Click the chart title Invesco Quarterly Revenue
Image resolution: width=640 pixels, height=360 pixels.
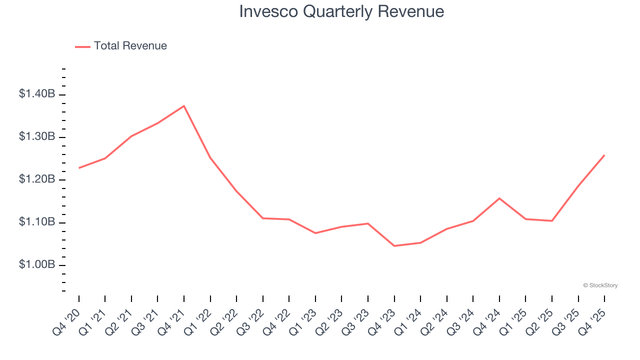(x=341, y=11)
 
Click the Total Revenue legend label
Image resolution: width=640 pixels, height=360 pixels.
(x=130, y=46)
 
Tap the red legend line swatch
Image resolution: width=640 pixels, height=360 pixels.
(x=82, y=46)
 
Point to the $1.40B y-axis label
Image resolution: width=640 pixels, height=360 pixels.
(x=37, y=94)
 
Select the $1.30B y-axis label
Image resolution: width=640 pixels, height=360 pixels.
(x=37, y=136)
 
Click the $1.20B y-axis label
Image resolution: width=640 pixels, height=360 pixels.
(x=37, y=179)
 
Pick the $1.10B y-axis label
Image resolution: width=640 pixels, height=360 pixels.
(x=37, y=222)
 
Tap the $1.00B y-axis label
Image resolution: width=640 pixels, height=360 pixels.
(x=37, y=264)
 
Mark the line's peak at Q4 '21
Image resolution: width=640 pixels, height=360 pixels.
(x=184, y=106)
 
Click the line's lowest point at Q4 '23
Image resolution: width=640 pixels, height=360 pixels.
(x=394, y=246)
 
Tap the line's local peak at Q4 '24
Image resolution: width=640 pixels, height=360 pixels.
(x=499, y=198)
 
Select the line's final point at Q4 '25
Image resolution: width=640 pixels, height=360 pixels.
(x=604, y=155)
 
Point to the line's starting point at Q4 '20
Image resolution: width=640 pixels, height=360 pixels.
(x=79, y=168)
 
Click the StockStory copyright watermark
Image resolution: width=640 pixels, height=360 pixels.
(x=600, y=285)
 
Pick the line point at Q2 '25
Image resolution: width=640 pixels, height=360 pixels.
(x=552, y=221)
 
